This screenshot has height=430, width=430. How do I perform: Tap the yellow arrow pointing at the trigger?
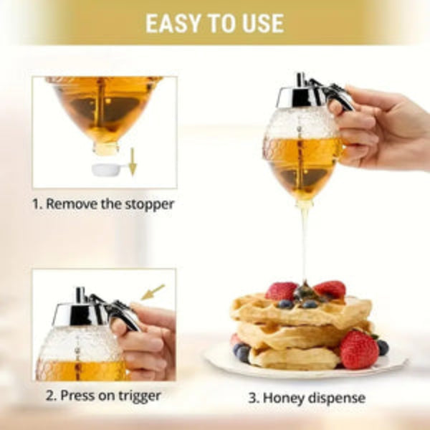152,292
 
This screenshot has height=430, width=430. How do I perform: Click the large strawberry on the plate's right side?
358,348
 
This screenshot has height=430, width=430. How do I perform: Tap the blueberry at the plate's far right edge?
383,347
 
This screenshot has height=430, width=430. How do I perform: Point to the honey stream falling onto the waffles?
305,244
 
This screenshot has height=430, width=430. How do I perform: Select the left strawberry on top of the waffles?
281,290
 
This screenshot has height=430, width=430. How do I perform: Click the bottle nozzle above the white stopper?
106,148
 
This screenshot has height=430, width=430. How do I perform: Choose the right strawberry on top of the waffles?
330,289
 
